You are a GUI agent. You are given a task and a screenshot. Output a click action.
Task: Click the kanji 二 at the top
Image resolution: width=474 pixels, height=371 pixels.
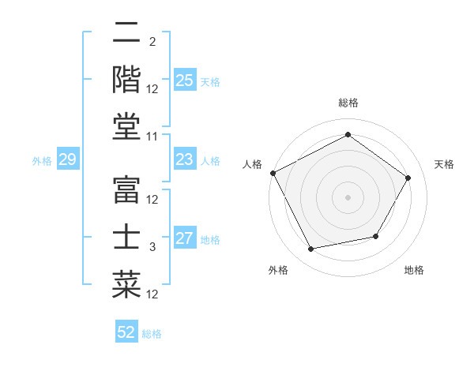[x=126, y=34]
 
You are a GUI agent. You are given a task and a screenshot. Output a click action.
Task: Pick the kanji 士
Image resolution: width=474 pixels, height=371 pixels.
[x=126, y=238]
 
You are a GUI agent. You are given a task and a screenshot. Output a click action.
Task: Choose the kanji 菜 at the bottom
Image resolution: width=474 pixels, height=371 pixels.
[x=126, y=283]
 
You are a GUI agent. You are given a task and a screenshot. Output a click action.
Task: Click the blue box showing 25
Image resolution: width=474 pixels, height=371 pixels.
[x=185, y=81]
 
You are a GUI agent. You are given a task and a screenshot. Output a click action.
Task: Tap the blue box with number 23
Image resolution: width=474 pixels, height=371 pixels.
[x=185, y=160]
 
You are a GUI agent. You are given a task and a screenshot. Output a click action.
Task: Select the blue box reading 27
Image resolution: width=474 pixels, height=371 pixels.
[x=185, y=239]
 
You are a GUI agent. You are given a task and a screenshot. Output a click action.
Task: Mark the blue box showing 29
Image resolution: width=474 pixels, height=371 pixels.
[x=67, y=160]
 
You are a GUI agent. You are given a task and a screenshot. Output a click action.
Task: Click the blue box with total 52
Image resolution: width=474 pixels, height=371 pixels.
[x=126, y=332]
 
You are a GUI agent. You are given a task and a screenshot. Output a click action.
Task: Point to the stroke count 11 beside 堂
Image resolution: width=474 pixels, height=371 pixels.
[x=152, y=137]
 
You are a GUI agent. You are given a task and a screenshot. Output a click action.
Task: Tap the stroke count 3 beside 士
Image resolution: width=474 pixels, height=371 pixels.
[x=152, y=247]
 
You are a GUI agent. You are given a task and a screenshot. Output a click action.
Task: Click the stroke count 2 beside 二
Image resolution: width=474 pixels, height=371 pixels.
[x=152, y=42]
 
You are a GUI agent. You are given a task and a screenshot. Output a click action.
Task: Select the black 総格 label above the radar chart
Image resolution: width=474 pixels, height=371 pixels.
[x=348, y=103]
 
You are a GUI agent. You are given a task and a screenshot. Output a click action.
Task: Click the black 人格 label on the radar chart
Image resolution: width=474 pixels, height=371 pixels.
[x=253, y=164]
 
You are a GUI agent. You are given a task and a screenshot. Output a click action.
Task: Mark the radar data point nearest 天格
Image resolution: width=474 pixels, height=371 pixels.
[x=408, y=178]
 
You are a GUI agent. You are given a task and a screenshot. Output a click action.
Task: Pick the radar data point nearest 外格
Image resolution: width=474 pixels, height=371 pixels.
[x=311, y=249]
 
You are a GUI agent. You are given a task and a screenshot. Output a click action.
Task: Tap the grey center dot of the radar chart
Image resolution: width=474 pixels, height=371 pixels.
[x=348, y=197]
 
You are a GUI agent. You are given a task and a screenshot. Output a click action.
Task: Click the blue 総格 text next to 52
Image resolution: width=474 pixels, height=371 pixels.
[x=152, y=334]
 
